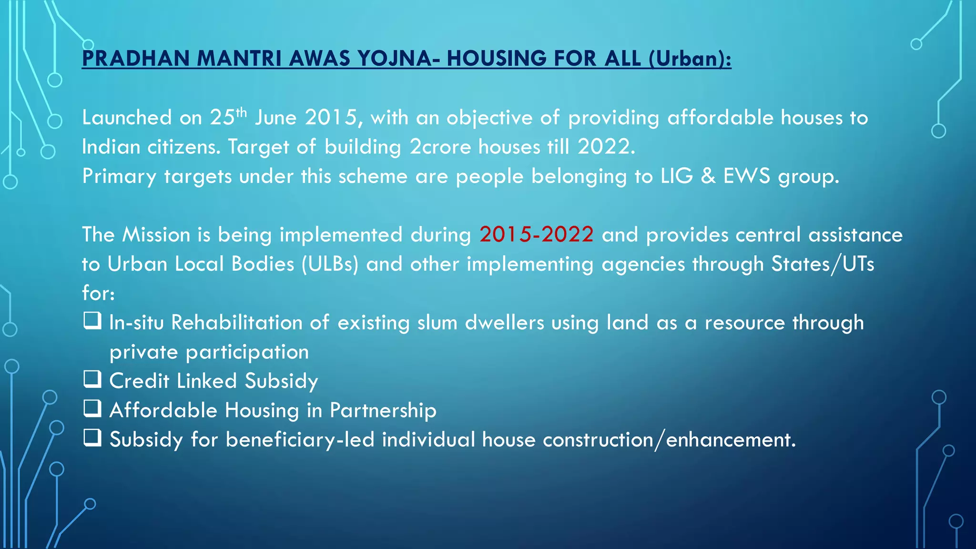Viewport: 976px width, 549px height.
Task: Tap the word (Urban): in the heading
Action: (690, 59)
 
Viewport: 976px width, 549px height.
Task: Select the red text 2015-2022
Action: (537, 234)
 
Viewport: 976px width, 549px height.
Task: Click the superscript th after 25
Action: (241, 112)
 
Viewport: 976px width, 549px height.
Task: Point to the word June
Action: (276, 118)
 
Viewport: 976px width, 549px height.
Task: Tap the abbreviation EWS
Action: (747, 176)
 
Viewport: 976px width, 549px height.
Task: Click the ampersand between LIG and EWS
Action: (709, 176)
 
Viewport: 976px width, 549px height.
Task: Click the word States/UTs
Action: (823, 264)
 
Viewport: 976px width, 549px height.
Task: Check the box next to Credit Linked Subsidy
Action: (92, 379)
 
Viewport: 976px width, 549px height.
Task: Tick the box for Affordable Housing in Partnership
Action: (92, 408)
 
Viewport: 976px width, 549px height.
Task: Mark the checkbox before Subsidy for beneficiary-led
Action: (92, 437)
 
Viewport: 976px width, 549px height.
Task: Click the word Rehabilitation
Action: (237, 323)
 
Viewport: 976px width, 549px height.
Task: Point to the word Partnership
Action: (383, 410)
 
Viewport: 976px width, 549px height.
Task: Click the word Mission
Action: (156, 235)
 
